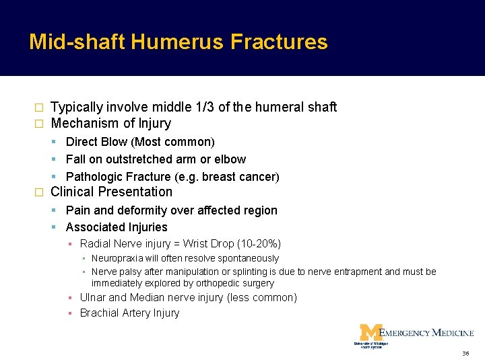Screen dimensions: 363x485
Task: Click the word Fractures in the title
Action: [x=279, y=42]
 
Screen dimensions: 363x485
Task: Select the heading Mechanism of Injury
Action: [x=111, y=123]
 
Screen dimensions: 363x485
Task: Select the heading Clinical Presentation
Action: [x=112, y=192]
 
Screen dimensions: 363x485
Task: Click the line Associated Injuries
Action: [x=117, y=227]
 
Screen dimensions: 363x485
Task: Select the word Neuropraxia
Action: [x=120, y=259]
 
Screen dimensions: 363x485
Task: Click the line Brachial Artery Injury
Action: [x=129, y=313]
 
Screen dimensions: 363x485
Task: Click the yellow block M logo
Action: [x=370, y=332]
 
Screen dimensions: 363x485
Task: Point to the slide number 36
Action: [x=465, y=354]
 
